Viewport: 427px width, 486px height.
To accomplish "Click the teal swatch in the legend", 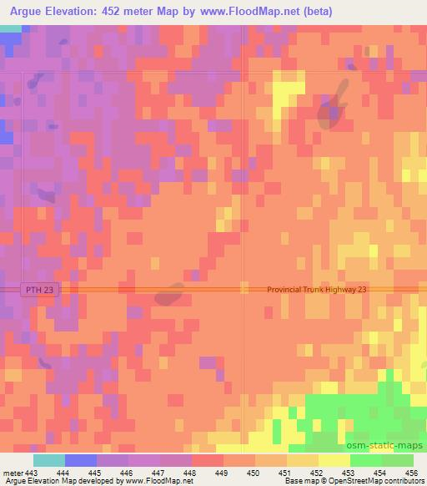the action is pyautogui.click(x=48, y=461).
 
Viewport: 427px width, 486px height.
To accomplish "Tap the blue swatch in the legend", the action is pyautogui.click(x=80, y=461).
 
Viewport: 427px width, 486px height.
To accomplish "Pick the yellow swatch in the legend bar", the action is pyautogui.click(x=333, y=461).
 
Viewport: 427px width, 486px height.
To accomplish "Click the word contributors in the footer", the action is pyautogui.click(x=404, y=482).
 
